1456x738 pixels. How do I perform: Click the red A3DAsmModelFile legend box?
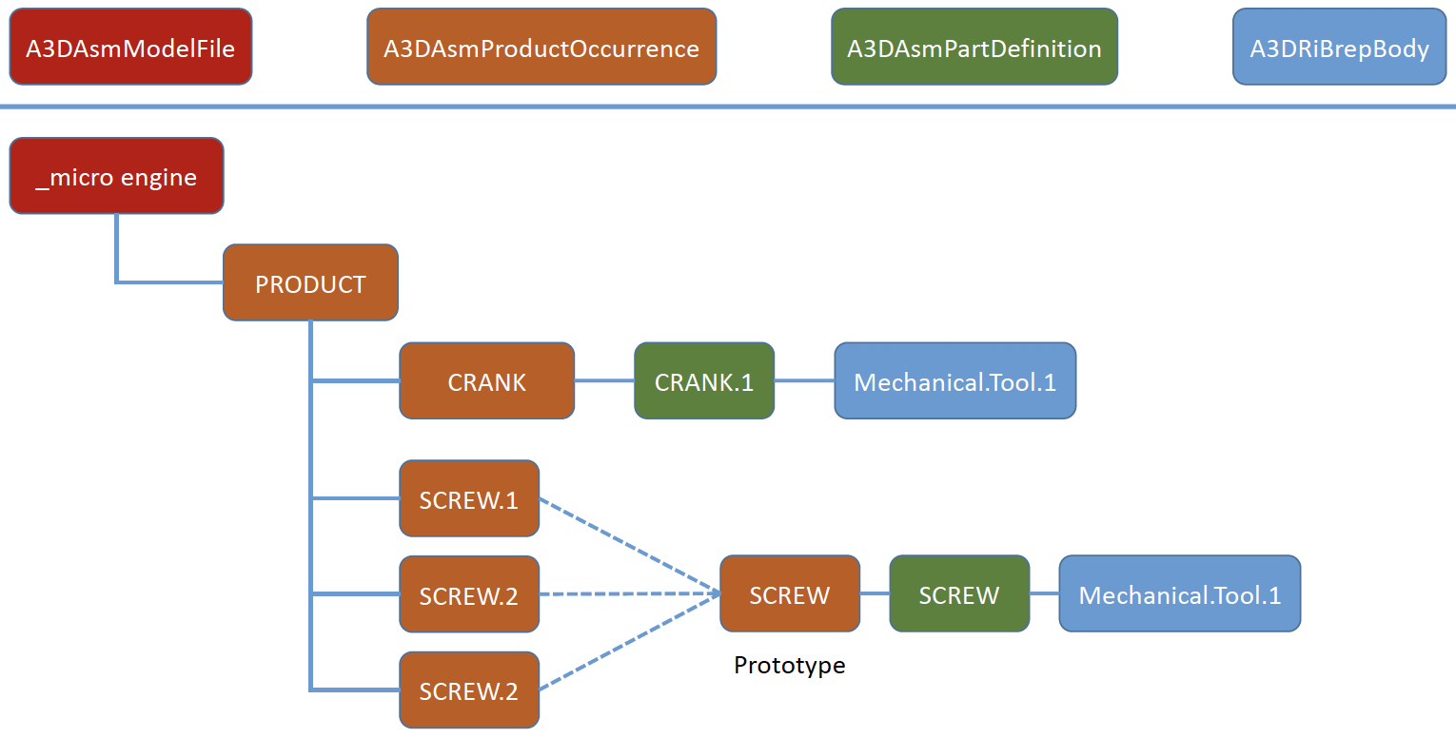click(x=130, y=47)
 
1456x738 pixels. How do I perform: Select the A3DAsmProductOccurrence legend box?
click(x=541, y=47)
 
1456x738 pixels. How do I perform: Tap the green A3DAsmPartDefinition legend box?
click(x=974, y=47)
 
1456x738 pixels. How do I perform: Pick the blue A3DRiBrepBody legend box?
click(x=1340, y=47)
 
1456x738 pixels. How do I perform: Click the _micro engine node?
click(x=116, y=175)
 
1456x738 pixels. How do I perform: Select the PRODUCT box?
click(x=310, y=282)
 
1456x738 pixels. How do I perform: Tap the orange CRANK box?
click(x=487, y=380)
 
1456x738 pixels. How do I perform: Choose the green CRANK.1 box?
click(x=704, y=380)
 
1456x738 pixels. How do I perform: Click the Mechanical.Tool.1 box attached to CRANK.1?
click(x=954, y=380)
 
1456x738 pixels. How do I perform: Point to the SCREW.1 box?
click(x=469, y=498)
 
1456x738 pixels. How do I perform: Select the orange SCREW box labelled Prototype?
click(x=790, y=593)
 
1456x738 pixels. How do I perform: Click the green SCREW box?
click(x=959, y=593)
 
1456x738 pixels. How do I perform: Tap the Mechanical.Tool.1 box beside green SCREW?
click(x=1180, y=593)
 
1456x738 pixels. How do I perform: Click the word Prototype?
click(x=789, y=665)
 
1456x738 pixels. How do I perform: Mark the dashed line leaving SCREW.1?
click(x=630, y=546)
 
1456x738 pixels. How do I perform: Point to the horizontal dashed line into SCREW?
click(x=630, y=593)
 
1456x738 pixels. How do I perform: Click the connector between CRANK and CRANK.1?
click(x=604, y=380)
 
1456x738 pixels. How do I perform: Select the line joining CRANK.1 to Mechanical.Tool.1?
click(x=805, y=380)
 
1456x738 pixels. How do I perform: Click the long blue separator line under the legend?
click(x=728, y=107)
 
